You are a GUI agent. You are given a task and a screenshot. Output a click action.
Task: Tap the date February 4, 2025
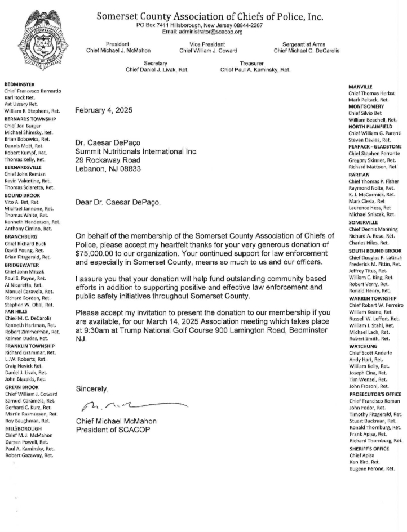tap(104, 110)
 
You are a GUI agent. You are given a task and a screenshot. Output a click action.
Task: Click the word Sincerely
tap(92, 389)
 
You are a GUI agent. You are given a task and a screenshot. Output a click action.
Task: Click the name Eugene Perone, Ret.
tap(371, 468)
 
